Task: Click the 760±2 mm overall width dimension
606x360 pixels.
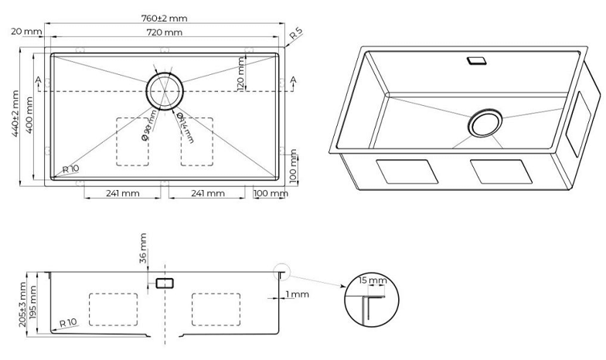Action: coord(163,18)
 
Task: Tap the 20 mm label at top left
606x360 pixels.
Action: coord(26,32)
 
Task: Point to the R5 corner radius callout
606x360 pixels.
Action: coord(295,35)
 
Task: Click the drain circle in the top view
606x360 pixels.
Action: coord(164,91)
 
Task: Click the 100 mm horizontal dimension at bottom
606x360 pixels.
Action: coord(270,193)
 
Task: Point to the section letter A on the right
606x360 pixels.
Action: coord(293,80)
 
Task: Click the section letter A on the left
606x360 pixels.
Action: coord(37,80)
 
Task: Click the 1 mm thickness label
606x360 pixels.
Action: coord(296,294)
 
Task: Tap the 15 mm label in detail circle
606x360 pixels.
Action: coord(375,280)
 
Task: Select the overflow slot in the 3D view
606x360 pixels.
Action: coord(475,59)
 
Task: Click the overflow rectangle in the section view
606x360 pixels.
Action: coord(164,283)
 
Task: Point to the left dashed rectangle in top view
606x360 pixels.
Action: coord(131,141)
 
